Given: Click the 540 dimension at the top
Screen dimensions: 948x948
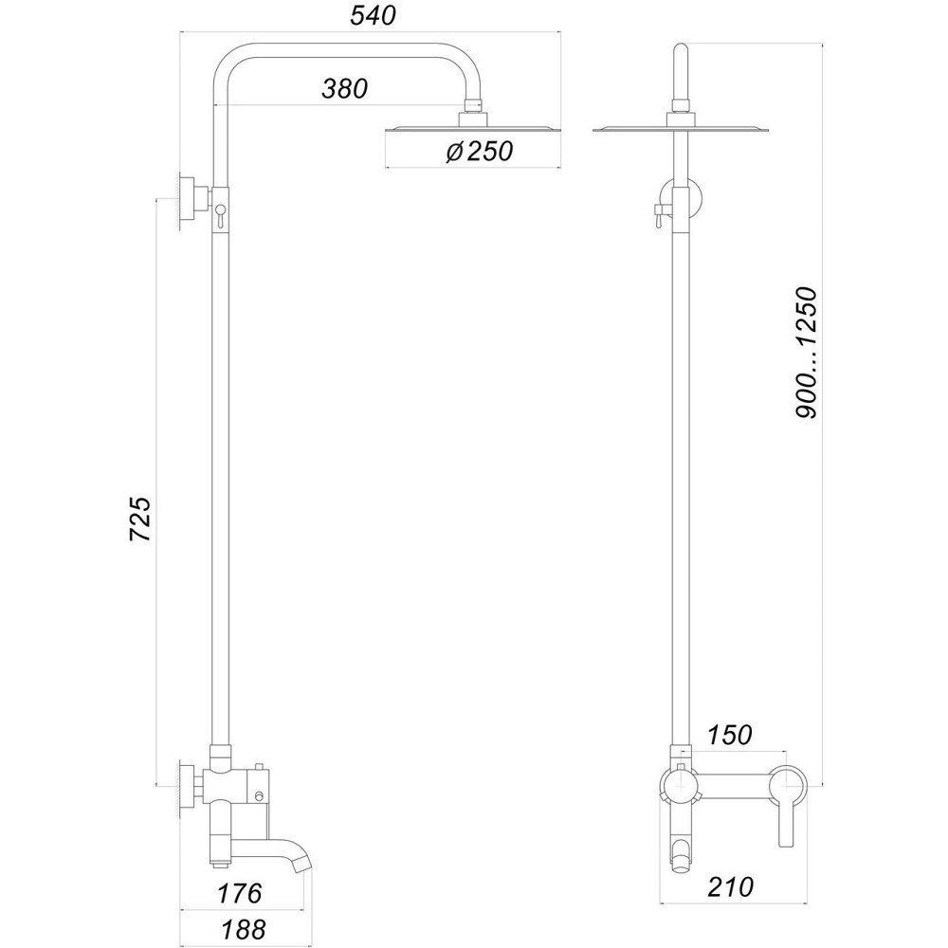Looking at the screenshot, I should click(x=371, y=16).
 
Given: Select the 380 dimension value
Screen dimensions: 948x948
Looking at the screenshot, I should click(x=344, y=89).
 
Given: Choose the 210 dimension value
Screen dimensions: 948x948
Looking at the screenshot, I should click(x=730, y=887).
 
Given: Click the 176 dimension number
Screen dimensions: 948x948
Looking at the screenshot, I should click(x=238, y=893).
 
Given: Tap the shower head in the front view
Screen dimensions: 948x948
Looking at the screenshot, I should click(x=678, y=129).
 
